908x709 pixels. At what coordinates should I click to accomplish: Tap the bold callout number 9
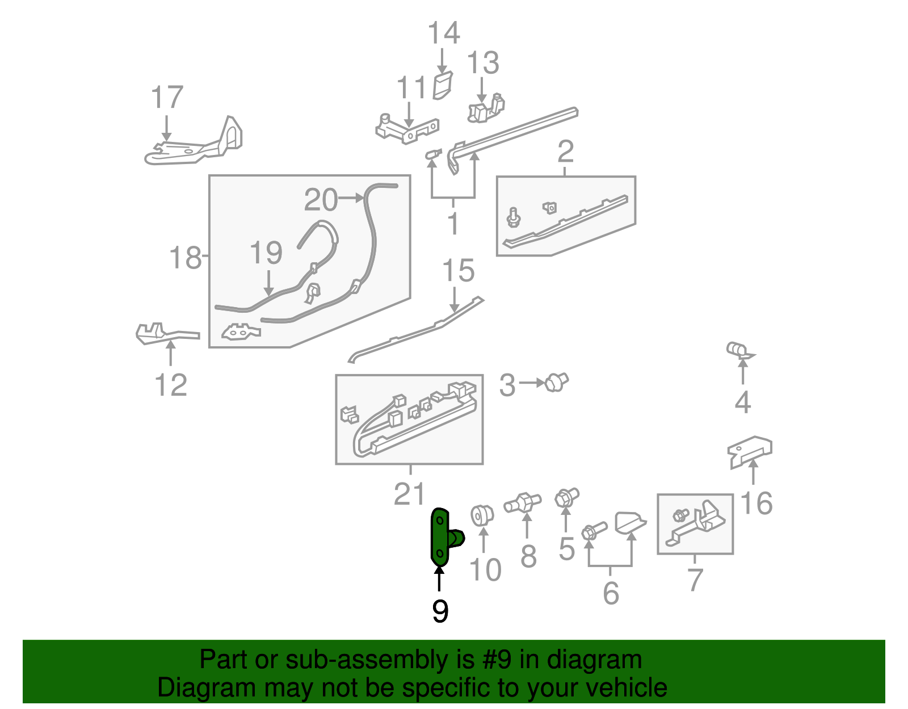(x=440, y=611)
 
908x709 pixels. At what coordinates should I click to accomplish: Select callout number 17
(x=167, y=98)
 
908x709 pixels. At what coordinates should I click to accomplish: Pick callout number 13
(x=483, y=63)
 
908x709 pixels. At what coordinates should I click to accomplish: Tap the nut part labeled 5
(x=565, y=498)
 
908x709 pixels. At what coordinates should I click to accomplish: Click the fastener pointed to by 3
(x=556, y=382)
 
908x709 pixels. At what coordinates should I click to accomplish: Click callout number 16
(x=756, y=504)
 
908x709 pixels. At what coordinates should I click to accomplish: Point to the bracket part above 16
(x=750, y=451)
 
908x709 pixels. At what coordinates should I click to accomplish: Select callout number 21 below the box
(x=409, y=494)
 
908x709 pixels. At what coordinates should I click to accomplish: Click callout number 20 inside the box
(x=321, y=200)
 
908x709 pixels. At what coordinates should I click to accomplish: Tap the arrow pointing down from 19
(x=268, y=282)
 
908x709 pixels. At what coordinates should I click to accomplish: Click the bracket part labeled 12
(x=165, y=333)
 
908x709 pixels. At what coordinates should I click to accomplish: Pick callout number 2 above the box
(x=565, y=152)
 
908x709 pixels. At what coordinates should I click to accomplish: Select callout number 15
(x=458, y=270)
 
